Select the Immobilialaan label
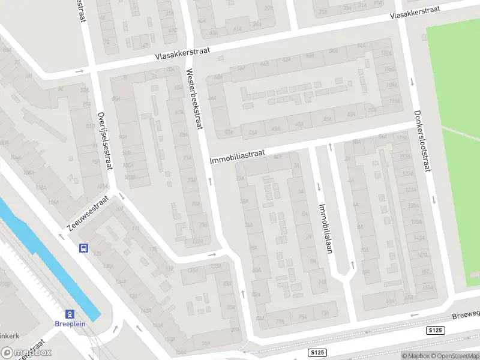[x=325, y=229]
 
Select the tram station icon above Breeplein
[x=70, y=313]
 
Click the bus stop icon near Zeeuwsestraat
[x=83, y=247]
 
